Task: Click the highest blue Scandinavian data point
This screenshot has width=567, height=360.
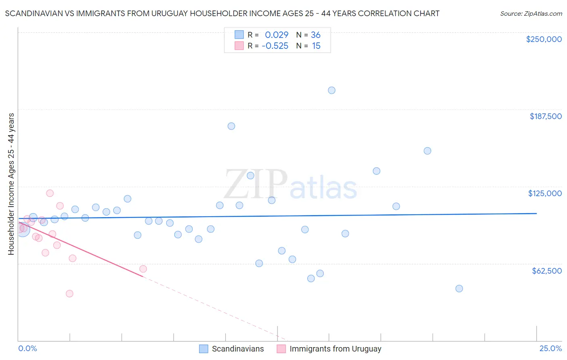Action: click(x=331, y=90)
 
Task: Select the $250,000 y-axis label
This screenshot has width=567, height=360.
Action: click(x=544, y=39)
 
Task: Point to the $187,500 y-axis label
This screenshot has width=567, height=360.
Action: click(x=545, y=116)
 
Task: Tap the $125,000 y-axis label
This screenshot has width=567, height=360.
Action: click(x=545, y=193)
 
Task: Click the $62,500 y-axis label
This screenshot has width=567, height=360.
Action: click(x=546, y=271)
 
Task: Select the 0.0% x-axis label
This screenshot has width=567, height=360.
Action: click(x=27, y=348)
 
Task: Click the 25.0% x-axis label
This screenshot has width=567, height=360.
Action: click(x=550, y=348)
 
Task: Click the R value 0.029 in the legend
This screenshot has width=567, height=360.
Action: click(x=277, y=35)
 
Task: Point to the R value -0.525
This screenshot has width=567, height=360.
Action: click(x=275, y=46)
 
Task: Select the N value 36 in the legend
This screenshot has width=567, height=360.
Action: click(x=316, y=35)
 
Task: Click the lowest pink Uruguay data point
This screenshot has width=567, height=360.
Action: click(x=69, y=293)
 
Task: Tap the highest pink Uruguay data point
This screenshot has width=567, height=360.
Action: click(x=50, y=193)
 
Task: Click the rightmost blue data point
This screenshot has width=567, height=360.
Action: click(x=459, y=289)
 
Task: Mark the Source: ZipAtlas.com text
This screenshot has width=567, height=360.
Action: click(x=531, y=14)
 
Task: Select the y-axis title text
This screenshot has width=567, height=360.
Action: click(x=11, y=184)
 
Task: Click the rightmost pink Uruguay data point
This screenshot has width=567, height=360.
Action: click(x=143, y=269)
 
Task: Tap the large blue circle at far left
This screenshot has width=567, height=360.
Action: click(x=23, y=229)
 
